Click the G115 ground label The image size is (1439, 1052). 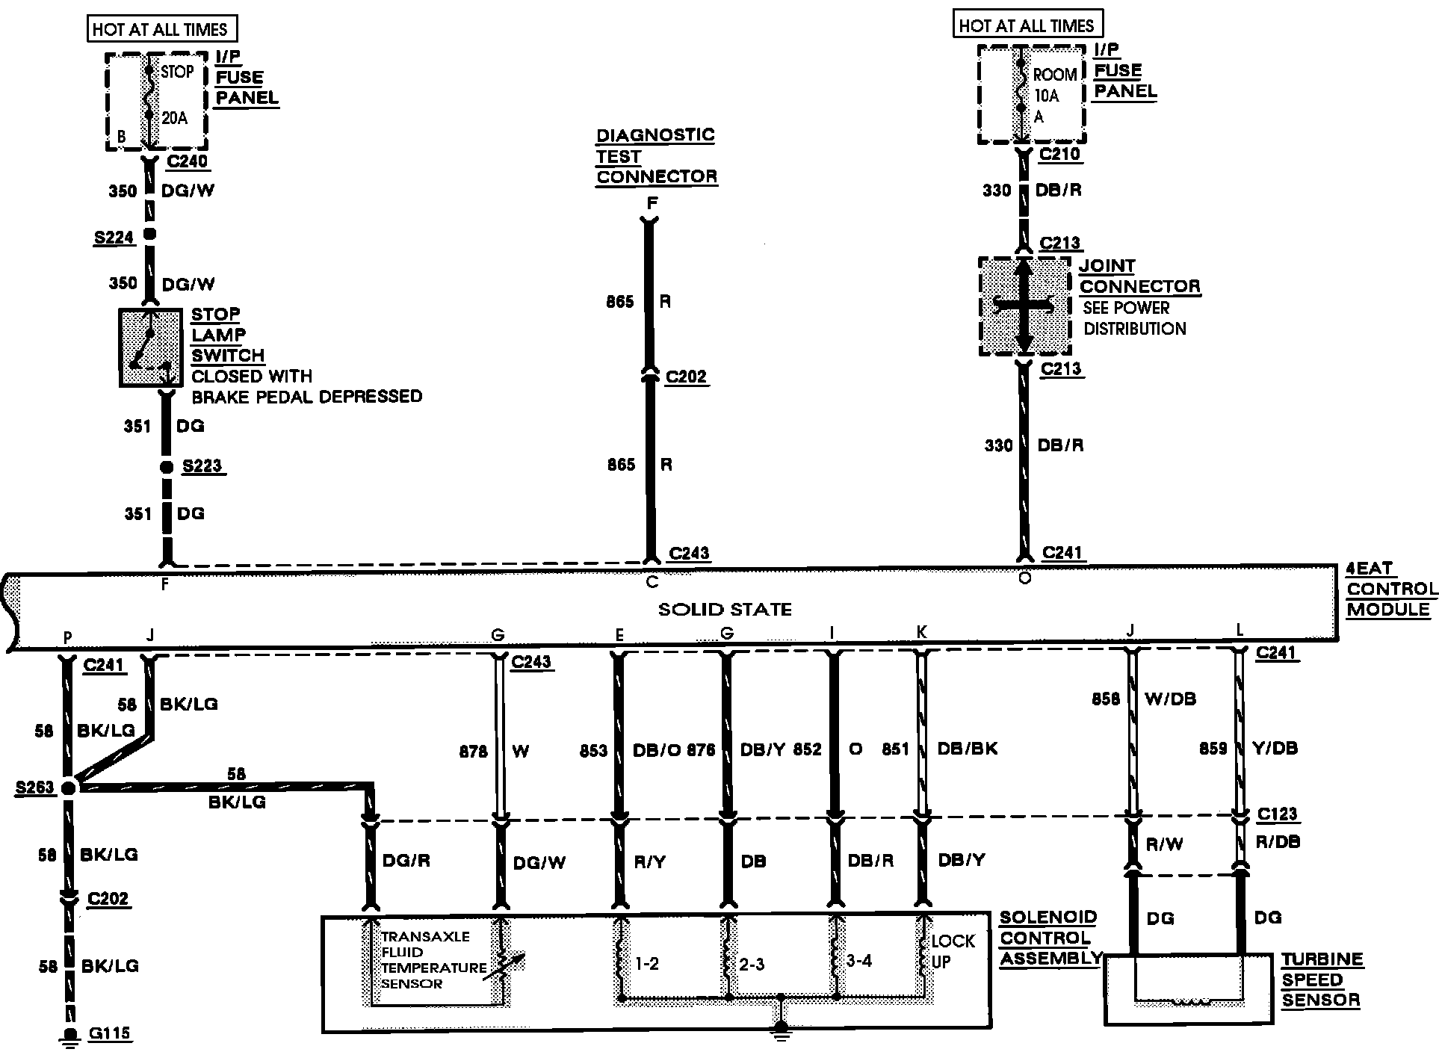click(109, 1034)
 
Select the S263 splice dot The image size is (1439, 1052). click(69, 788)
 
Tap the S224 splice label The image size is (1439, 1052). click(114, 238)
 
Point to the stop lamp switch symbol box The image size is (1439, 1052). click(150, 347)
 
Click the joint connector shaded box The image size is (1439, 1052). click(1024, 306)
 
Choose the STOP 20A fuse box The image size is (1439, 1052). click(156, 102)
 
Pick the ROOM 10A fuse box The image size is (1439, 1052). click(1031, 94)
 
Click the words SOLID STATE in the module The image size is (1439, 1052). click(724, 610)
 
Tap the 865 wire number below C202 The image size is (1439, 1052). click(621, 465)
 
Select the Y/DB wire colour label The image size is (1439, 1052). click(1275, 748)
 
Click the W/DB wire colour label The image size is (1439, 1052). click(1170, 699)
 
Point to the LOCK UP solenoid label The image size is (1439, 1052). click(952, 951)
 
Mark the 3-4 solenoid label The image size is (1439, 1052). click(858, 961)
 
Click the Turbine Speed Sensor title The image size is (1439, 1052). click(1321, 980)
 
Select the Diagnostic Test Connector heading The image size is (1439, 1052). click(655, 156)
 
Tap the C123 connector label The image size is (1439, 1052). click(1277, 814)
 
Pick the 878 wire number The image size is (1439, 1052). click(474, 752)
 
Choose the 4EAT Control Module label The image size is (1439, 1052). click(1390, 589)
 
